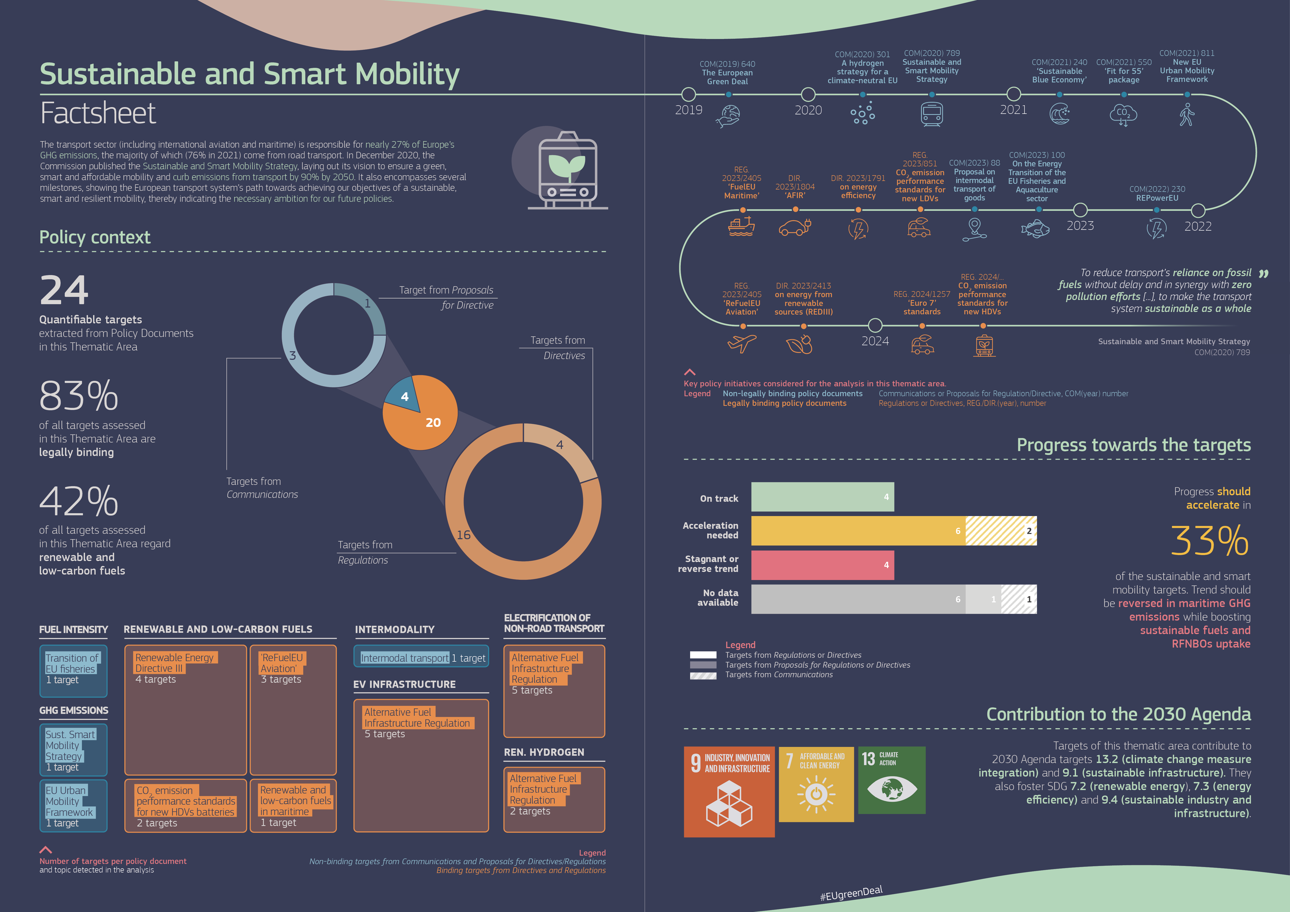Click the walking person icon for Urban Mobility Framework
pyautogui.click(x=1187, y=115)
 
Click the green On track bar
pyautogui.click(x=822, y=497)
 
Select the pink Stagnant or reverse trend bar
pyautogui.click(x=822, y=565)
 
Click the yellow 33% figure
pyautogui.click(x=1209, y=541)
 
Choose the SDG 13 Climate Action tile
pyautogui.click(x=892, y=780)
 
